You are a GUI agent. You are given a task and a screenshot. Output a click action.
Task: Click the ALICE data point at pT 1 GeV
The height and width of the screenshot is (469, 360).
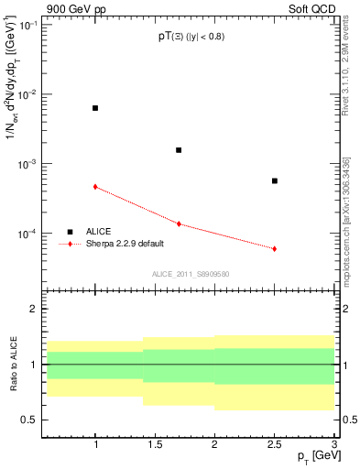tap(95, 108)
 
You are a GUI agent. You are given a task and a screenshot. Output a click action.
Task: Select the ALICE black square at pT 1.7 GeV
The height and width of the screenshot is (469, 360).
tap(179, 150)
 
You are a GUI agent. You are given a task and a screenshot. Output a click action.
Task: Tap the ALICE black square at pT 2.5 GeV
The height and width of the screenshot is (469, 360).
tap(274, 180)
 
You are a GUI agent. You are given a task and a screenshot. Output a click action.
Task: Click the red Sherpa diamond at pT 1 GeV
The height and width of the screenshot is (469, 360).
tap(95, 187)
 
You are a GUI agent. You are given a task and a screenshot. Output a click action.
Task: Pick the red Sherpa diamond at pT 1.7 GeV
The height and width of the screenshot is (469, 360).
tap(179, 224)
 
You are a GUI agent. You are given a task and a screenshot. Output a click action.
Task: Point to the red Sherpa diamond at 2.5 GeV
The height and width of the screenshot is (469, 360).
tap(274, 249)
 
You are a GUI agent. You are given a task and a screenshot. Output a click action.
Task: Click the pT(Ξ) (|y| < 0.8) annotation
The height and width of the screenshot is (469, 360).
tap(189, 37)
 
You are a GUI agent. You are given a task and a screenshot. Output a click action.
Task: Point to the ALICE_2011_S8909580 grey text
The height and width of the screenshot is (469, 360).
tap(190, 274)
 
